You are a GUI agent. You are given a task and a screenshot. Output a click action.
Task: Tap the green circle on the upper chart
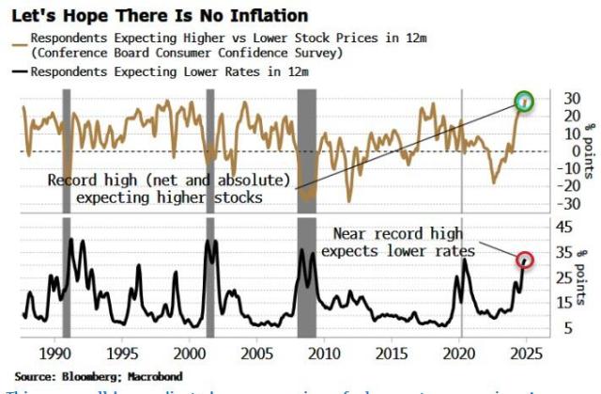[x=524, y=101]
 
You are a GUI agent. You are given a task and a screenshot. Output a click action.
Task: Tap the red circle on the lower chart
[x=526, y=260]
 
